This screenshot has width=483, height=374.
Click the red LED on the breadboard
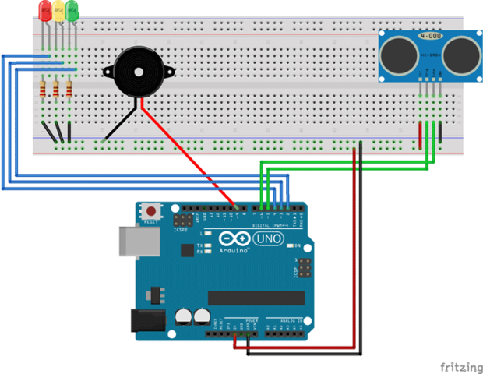pyautogui.click(x=44, y=10)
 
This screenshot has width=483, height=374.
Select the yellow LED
pyautogui.click(x=58, y=10)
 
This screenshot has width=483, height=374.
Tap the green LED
pyautogui.click(x=72, y=10)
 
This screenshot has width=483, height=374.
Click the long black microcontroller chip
pyautogui.click(x=256, y=298)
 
